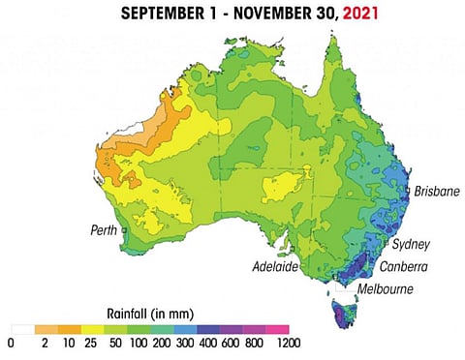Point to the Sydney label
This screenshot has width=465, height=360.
[x=411, y=243]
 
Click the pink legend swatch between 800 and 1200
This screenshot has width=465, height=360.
[x=277, y=329]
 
